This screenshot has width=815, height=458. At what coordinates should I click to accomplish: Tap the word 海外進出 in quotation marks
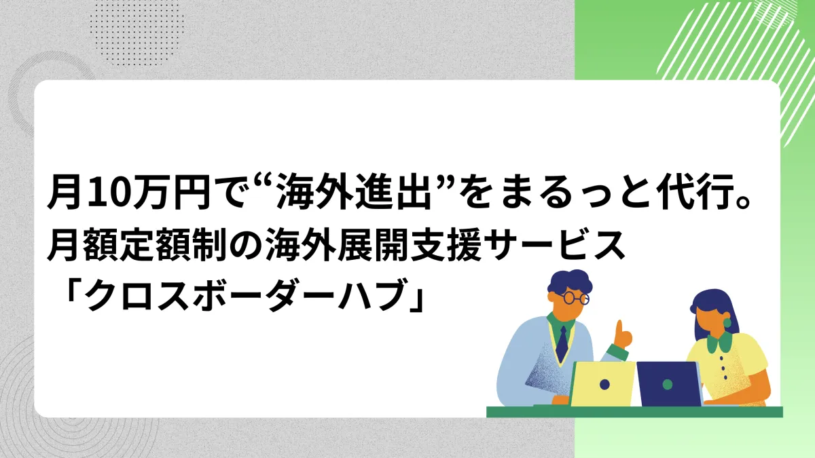point(354,192)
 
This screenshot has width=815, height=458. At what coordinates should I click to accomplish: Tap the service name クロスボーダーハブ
point(247,294)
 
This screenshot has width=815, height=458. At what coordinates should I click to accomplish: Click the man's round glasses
point(576,298)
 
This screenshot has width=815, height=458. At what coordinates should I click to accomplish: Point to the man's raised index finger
point(619,328)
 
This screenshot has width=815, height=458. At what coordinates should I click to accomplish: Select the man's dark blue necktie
point(562,343)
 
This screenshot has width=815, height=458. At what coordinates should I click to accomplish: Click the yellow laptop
point(602,383)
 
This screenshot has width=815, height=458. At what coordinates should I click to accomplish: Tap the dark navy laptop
point(670,383)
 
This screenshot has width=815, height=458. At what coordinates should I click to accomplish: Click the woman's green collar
point(719,343)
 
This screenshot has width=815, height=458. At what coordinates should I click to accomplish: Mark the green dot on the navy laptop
point(667,384)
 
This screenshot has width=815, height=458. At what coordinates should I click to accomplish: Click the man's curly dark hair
point(569,282)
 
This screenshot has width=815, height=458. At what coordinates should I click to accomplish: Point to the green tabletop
point(634,412)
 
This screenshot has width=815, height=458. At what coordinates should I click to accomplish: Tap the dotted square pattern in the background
point(137,33)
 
